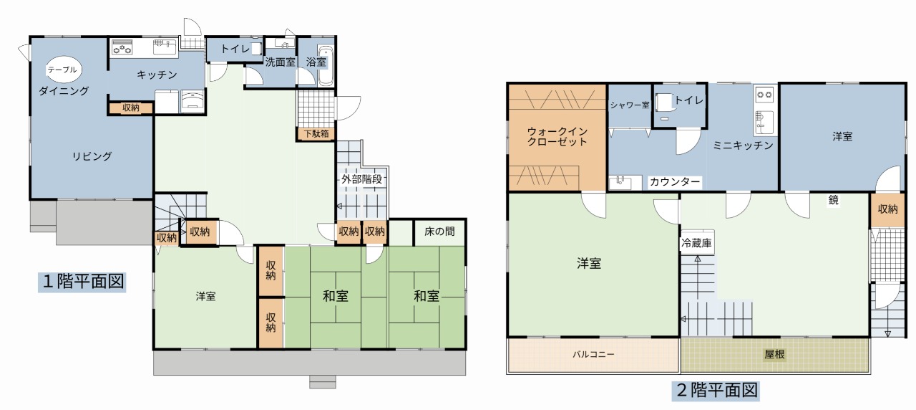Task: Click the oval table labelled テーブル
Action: pos(63,70)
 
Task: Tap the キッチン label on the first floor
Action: pos(157,75)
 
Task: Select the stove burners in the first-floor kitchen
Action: pos(122,47)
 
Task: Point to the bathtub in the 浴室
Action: pos(326,65)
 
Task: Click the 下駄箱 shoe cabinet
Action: pos(316,134)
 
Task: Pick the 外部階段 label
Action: pos(362,179)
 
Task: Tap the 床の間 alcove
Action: pos(439,232)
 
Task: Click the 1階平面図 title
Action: pos(82,282)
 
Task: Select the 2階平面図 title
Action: pos(716,391)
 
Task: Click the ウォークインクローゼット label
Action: pos(557,137)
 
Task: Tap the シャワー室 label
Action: pos(630,105)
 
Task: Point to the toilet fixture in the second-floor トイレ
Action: pos(663,102)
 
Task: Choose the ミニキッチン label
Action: pos(743,146)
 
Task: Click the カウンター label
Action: pos(675,182)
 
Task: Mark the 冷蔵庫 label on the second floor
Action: pos(697,243)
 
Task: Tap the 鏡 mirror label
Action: pos(834,200)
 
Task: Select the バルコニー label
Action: pos(593,355)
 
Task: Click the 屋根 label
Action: pos(774,354)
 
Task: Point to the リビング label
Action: pos(92,156)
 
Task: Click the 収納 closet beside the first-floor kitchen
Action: pos(131,108)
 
